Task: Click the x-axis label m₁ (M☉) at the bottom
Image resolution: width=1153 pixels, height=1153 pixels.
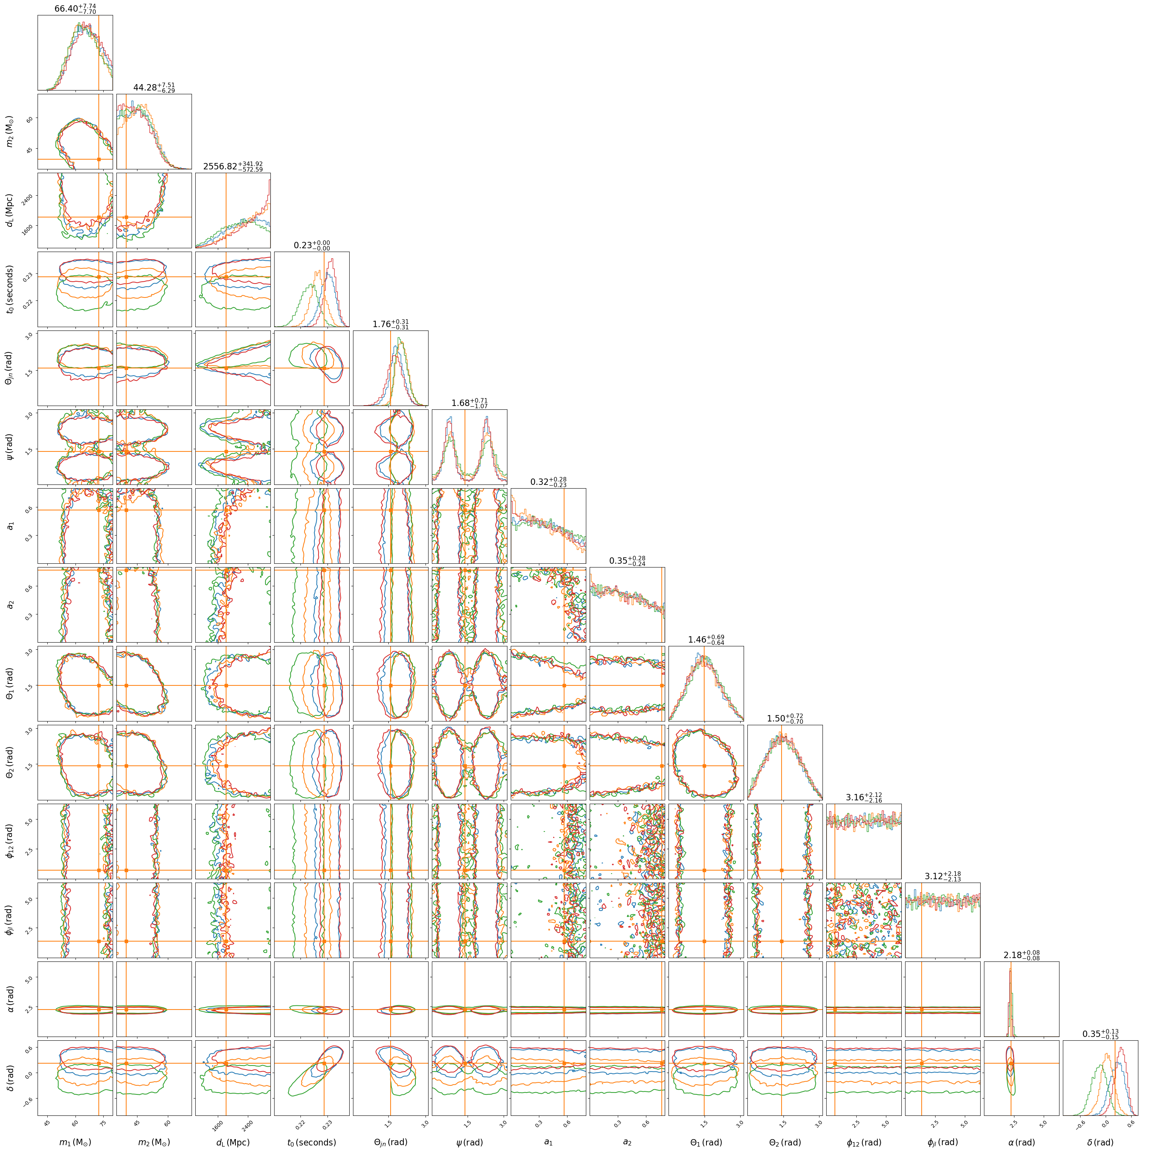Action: (75, 1142)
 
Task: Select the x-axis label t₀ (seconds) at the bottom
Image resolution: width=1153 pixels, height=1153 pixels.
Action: (311, 1142)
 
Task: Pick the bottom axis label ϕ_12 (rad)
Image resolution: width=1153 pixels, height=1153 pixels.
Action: (863, 1142)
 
